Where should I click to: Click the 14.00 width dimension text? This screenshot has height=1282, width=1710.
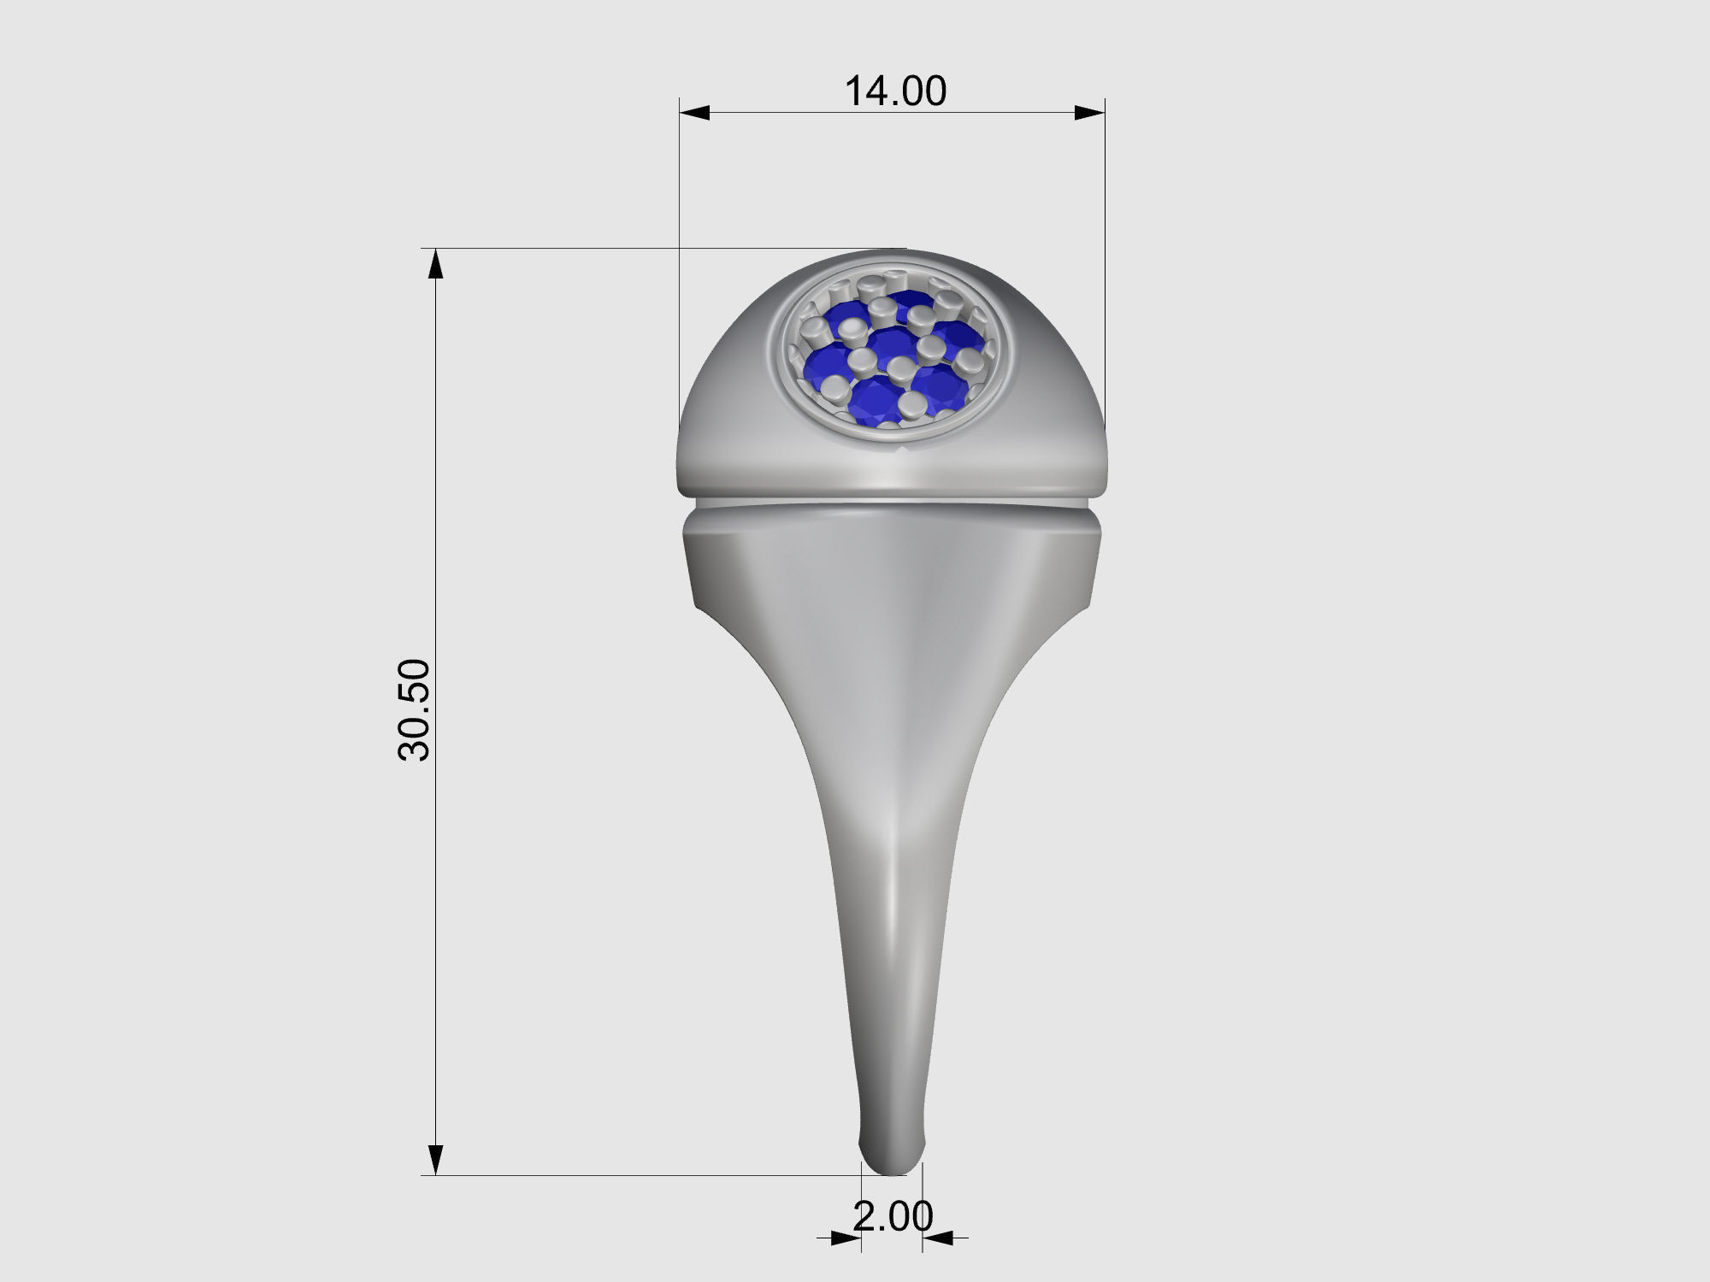(x=895, y=91)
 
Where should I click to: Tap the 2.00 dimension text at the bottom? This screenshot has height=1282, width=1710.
(x=893, y=1216)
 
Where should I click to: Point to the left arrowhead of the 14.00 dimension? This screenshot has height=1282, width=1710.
(x=694, y=113)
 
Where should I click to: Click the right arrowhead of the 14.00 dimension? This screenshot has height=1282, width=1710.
(x=1090, y=113)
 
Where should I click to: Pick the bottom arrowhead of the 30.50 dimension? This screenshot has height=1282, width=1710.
(x=436, y=1160)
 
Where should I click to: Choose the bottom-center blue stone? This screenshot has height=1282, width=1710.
(x=874, y=399)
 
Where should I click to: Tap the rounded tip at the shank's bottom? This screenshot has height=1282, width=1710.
(x=891, y=1162)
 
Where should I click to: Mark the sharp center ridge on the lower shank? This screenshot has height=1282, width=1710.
(x=892, y=897)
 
